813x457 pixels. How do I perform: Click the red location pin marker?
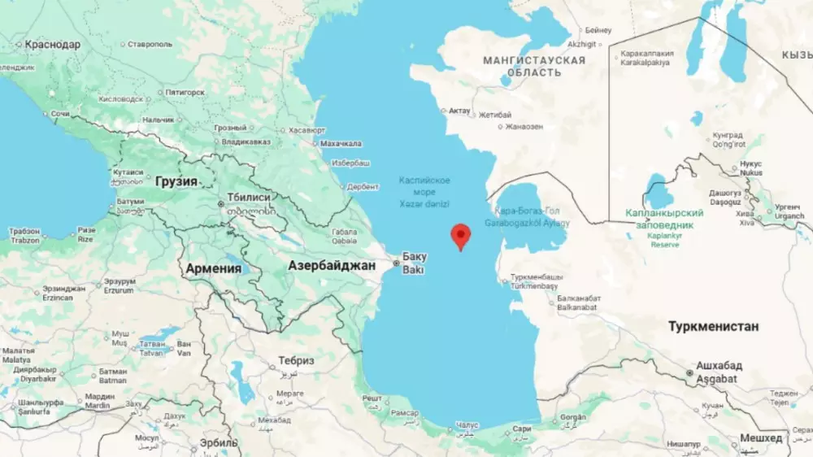[461, 235]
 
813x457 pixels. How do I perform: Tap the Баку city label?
[415, 256]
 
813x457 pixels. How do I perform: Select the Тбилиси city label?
[250, 198]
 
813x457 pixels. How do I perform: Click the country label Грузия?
[176, 181]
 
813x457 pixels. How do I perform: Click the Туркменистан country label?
[713, 326]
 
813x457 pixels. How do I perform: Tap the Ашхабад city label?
[714, 367]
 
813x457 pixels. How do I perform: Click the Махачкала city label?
[341, 144]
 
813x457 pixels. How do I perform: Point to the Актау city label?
[460, 110]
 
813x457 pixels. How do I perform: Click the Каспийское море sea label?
[424, 185]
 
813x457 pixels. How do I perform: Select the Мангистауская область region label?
[533, 66]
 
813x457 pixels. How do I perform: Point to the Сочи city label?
[60, 114]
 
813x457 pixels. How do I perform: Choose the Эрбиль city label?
[220, 443]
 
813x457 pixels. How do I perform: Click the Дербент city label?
[363, 186]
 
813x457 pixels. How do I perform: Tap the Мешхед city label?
[760, 437]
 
